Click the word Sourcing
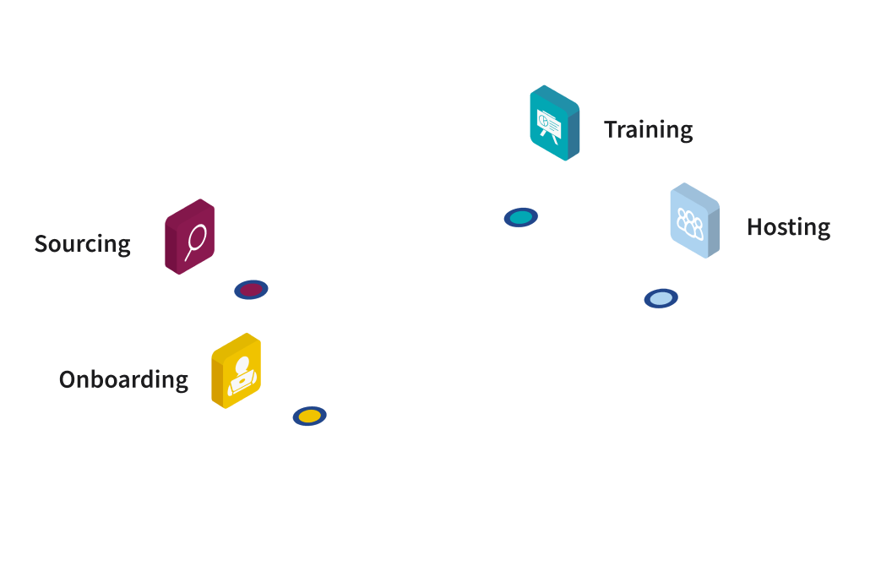pyautogui.click(x=83, y=244)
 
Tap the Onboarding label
pyautogui.click(x=123, y=380)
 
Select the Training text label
pyautogui.click(x=649, y=130)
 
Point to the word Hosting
pyautogui.click(x=788, y=227)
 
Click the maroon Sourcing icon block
pyautogui.click(x=189, y=237)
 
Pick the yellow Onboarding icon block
pyautogui.click(x=236, y=370)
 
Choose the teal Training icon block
pyautogui.click(x=555, y=122)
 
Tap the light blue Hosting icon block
pyautogui.click(x=695, y=220)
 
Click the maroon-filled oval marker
pyautogui.click(x=251, y=290)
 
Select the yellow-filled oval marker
pyautogui.click(x=310, y=416)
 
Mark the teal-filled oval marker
pyautogui.click(x=521, y=217)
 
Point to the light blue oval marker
pyautogui.click(x=661, y=298)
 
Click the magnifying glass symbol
pyautogui.click(x=195, y=242)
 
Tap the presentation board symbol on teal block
pyautogui.click(x=548, y=126)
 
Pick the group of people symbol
pyautogui.click(x=690, y=224)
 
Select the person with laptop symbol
pyautogui.click(x=242, y=375)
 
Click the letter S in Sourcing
pyautogui.click(x=41, y=244)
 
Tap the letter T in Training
pyautogui.click(x=612, y=129)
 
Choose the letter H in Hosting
pyautogui.click(x=754, y=227)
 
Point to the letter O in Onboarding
pyautogui.click(x=68, y=380)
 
